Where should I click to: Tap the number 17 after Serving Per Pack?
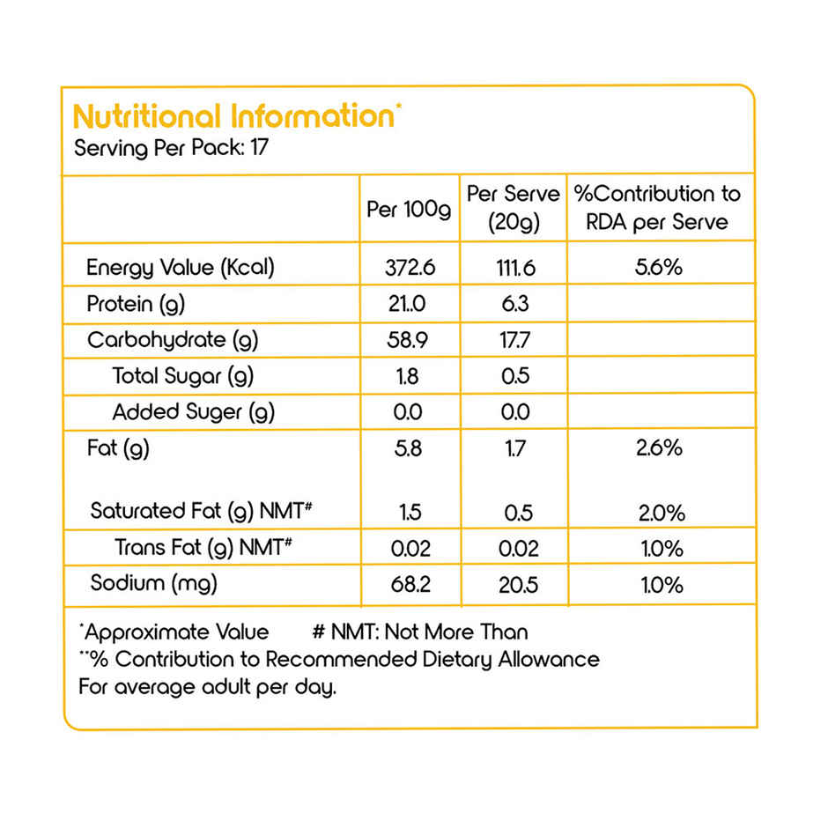258,147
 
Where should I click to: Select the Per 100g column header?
409,210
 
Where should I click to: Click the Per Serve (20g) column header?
513,208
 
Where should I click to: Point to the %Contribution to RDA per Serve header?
657,208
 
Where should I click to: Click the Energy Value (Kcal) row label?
181,268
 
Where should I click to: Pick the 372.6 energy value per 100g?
410,268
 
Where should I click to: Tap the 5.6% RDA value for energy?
658,268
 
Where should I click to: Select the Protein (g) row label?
136,305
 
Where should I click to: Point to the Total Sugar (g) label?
183,376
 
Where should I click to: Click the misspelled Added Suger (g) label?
194,411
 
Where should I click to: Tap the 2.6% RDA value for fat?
659,448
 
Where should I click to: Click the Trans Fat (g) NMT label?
203,547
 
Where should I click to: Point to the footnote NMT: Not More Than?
420,632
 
